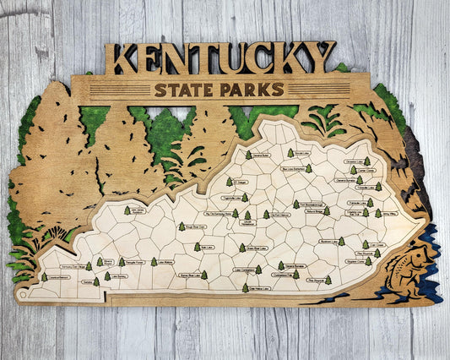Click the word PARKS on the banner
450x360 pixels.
(x=252, y=90)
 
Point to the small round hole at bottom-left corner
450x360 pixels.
(x=22, y=297)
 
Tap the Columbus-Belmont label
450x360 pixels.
(x=59, y=277)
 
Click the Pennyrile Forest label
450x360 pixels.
(x=135, y=262)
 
